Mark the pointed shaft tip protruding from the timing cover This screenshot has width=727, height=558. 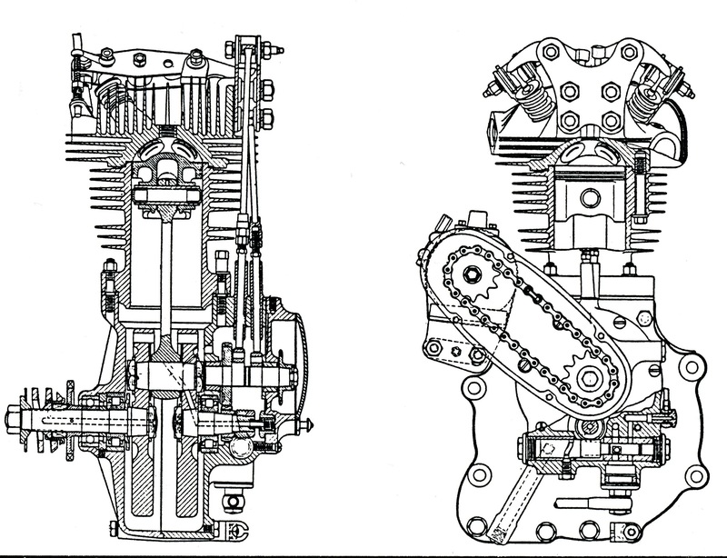[311, 424]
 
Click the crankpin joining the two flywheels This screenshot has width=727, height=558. [163, 374]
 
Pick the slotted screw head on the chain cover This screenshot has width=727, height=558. [525, 361]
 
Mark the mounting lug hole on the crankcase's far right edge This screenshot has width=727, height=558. [694, 368]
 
